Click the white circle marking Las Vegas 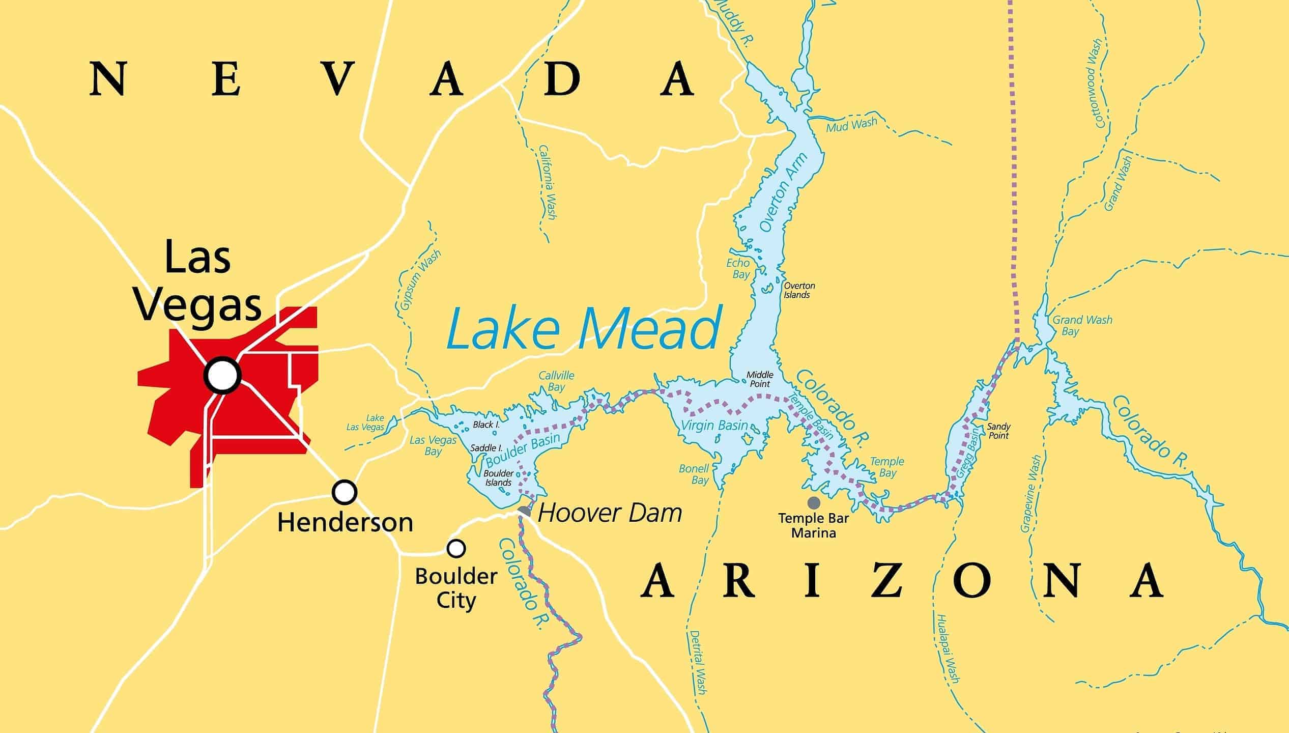(222, 375)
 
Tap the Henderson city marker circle (345, 492)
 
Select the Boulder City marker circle (456, 548)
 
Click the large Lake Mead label (584, 328)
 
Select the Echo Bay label (738, 268)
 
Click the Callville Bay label (556, 381)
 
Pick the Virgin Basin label (714, 426)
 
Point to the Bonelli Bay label (694, 474)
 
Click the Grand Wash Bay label (1082, 326)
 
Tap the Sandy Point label (998, 431)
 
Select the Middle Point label (760, 379)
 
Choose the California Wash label (548, 182)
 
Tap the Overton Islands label (799, 290)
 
